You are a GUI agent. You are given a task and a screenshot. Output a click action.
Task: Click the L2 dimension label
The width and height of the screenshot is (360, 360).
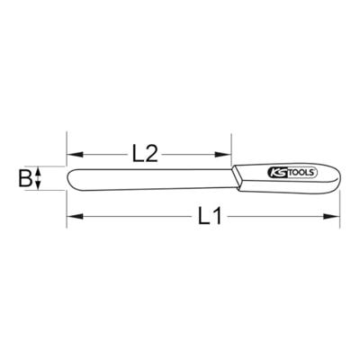(x=145, y=154)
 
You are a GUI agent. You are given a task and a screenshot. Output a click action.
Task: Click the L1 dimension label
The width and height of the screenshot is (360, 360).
(x=210, y=216)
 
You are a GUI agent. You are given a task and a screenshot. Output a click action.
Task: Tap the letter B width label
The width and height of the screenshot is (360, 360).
(x=25, y=178)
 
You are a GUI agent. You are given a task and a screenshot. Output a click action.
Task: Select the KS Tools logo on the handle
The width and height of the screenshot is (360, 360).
(x=291, y=173)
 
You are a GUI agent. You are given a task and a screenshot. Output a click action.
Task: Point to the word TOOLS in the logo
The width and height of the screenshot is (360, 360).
(x=301, y=173)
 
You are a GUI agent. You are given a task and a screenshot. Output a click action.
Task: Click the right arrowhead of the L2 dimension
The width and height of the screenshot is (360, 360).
(x=223, y=155)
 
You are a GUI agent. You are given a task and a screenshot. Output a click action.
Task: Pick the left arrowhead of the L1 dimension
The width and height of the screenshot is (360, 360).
(x=75, y=216)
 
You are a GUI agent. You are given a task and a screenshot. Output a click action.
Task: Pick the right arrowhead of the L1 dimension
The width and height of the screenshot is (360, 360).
(x=331, y=216)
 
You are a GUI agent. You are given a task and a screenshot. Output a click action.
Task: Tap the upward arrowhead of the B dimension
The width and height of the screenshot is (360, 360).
(x=38, y=171)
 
